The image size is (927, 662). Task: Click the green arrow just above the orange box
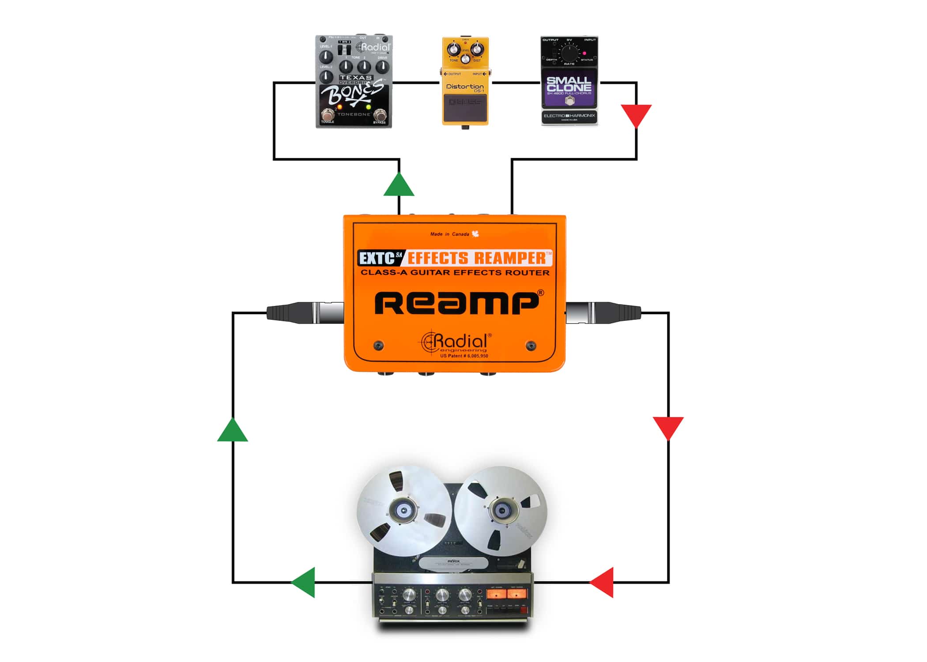[x=399, y=186]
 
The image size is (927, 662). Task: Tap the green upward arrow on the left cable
[x=233, y=432]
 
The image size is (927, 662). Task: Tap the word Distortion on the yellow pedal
[x=465, y=87]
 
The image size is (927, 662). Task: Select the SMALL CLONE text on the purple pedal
[x=569, y=84]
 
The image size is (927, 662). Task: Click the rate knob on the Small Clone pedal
[x=569, y=53]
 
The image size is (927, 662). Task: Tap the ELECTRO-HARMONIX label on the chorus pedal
[x=569, y=116]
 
